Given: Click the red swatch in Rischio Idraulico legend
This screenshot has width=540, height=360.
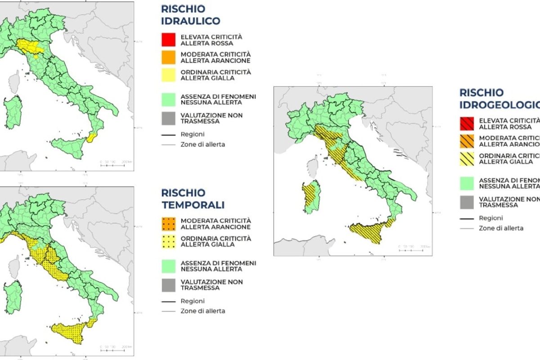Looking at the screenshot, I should pyautogui.click(x=168, y=40).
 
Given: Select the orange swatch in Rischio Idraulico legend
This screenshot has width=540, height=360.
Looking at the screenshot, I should pyautogui.click(x=168, y=57).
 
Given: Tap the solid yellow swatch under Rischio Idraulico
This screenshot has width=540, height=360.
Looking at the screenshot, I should pyautogui.click(x=168, y=75).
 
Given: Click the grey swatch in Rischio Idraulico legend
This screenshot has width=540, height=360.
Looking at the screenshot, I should pyautogui.click(x=168, y=118).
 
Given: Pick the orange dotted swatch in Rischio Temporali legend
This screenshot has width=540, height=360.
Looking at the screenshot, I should pyautogui.click(x=168, y=224).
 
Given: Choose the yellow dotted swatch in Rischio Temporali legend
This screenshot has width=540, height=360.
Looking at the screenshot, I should pyautogui.click(x=168, y=241).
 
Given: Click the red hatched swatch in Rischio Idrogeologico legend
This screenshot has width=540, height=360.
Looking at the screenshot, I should pyautogui.click(x=467, y=123).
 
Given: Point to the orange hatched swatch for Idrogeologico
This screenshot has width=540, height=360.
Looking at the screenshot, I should pyautogui.click(x=467, y=141).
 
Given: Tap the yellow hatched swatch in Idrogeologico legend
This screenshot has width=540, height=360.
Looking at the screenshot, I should pyautogui.click(x=467, y=158).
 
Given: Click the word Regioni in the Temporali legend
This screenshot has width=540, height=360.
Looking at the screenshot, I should pyautogui.click(x=193, y=301).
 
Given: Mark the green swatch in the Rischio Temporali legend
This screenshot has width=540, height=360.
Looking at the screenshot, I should pyautogui.click(x=168, y=266).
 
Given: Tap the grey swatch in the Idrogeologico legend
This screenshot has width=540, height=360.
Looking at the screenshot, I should pyautogui.click(x=467, y=202).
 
